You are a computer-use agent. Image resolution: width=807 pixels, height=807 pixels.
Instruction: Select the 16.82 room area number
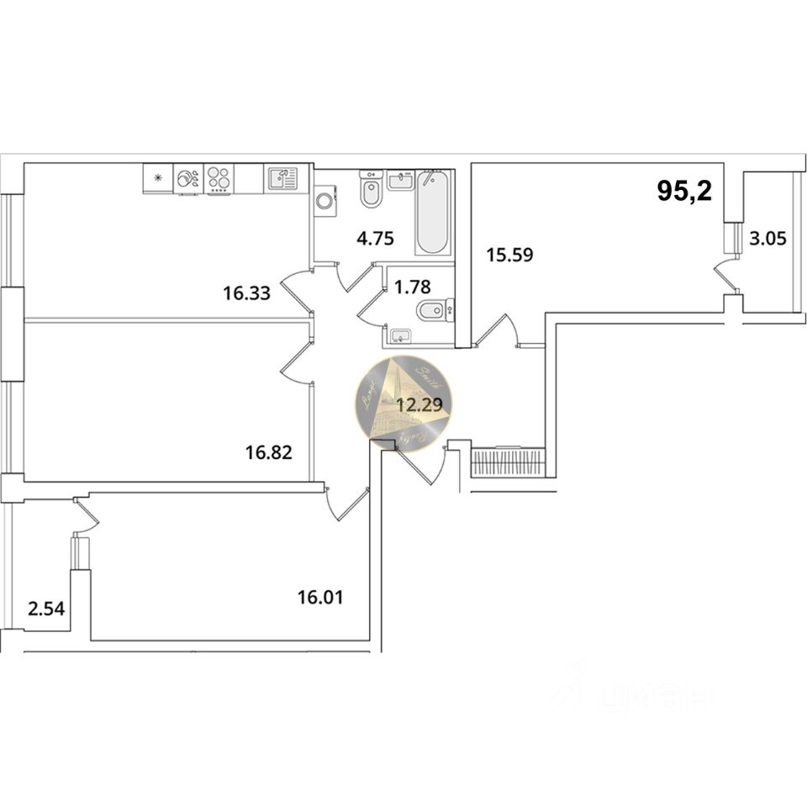point(268,454)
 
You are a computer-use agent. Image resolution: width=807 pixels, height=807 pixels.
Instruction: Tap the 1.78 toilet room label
point(412,287)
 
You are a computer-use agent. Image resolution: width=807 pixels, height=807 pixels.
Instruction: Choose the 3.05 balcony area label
point(767,239)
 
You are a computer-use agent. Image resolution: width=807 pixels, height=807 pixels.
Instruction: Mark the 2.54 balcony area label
point(46,607)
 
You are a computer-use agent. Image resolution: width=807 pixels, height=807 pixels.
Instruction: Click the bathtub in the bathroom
point(433,213)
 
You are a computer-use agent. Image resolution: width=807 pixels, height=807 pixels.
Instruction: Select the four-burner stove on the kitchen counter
point(219,179)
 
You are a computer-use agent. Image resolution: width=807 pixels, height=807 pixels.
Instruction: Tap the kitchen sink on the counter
point(282,178)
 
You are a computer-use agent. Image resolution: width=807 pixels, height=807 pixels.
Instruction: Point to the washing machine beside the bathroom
point(324,202)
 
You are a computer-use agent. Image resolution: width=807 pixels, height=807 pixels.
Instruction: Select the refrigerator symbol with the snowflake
point(157,178)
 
